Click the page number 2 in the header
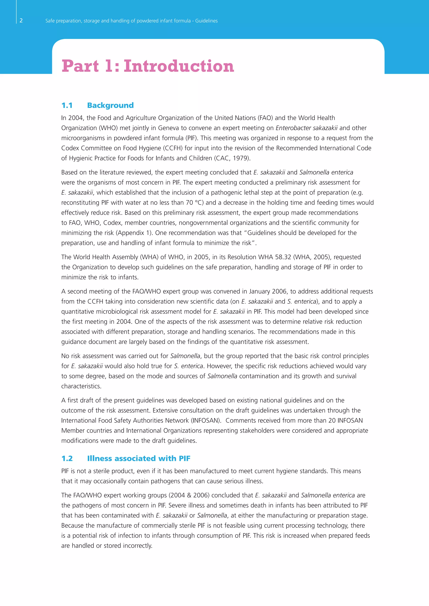click(x=21, y=21)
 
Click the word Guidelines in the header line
click(x=206, y=21)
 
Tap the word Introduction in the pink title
click(x=179, y=66)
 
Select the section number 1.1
click(x=67, y=105)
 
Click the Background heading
click(x=110, y=105)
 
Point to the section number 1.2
click(x=67, y=458)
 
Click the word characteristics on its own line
click(x=81, y=386)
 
